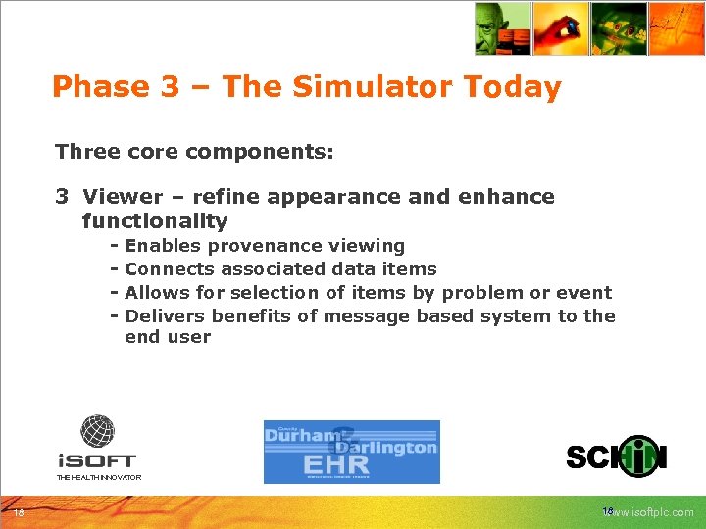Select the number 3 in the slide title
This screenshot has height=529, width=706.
tap(168, 87)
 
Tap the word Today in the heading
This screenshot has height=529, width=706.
tap(513, 87)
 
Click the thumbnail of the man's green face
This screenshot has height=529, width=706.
tap(502, 28)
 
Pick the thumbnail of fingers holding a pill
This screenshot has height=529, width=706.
tap(561, 28)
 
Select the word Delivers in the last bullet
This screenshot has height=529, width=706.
tap(165, 316)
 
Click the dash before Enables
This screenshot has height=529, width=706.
tap(115, 246)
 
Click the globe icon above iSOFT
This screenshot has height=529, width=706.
tap(97, 431)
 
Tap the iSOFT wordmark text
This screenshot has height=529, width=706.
tap(96, 460)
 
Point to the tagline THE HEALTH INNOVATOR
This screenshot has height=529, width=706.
tap(98, 477)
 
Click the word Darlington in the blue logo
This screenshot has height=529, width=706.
tap(391, 447)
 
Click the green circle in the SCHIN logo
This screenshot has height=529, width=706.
tap(638, 457)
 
